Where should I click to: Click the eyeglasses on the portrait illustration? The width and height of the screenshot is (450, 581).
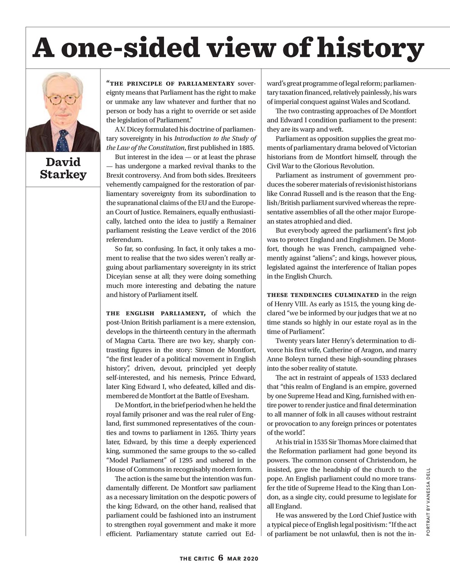(63, 98)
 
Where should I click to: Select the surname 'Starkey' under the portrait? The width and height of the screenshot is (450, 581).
(63, 175)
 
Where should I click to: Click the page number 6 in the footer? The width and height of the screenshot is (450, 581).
(220, 558)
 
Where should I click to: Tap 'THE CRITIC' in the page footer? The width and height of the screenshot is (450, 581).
(196, 558)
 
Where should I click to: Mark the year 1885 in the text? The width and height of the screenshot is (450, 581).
(247, 148)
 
